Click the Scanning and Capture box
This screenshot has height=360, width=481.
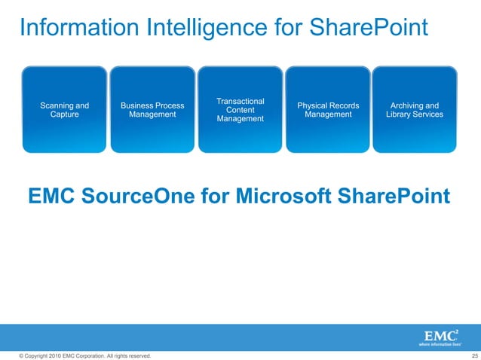(x=64, y=110)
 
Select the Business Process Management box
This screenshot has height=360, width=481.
(x=152, y=110)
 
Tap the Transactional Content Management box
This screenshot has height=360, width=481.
(x=240, y=110)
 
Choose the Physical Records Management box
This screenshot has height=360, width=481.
(x=328, y=110)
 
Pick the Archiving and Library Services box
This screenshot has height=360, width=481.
(x=415, y=110)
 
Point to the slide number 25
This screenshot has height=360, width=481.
(x=474, y=355)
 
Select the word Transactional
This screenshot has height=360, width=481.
(x=240, y=101)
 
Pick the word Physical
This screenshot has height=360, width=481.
(x=314, y=105)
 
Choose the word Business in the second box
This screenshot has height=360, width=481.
(x=136, y=105)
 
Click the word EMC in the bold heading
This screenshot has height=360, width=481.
(x=51, y=197)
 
